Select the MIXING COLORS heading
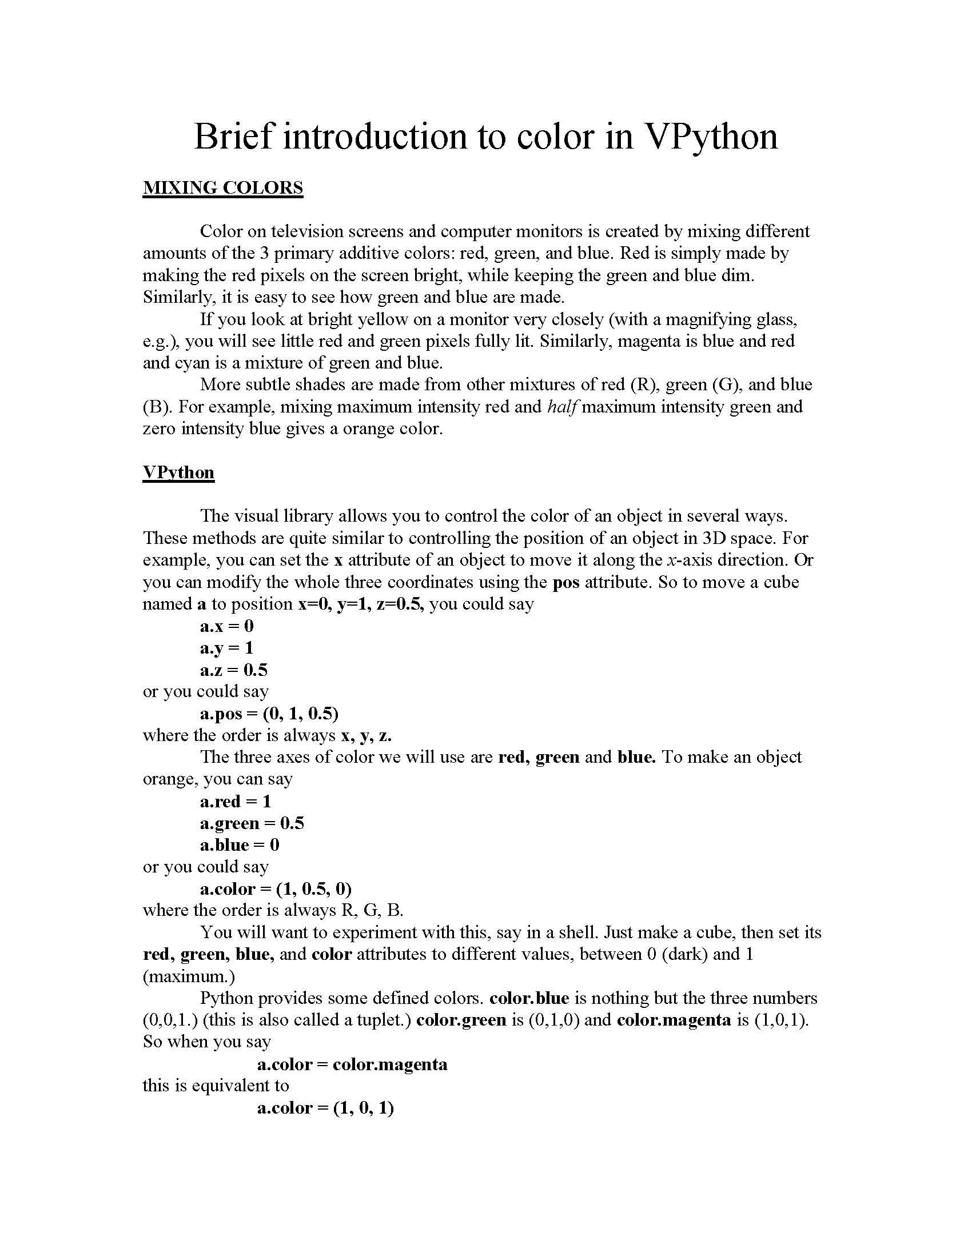point(222,187)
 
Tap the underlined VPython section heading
point(178,472)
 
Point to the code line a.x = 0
point(226,626)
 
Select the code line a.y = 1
point(226,647)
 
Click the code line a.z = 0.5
point(234,670)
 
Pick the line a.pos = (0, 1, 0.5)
point(269,714)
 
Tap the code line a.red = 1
point(235,801)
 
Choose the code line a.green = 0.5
point(252,823)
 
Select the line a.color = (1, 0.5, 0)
point(275,889)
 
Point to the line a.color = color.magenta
point(352,1064)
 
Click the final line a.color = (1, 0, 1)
point(325,1108)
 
